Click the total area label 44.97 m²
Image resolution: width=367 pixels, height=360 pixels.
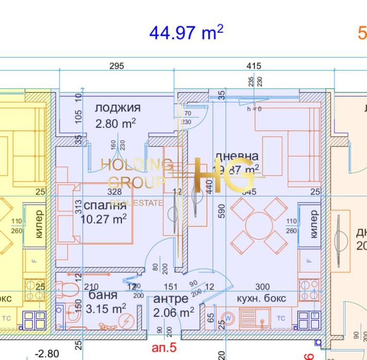186,32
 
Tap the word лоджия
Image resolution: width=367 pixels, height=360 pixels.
117,108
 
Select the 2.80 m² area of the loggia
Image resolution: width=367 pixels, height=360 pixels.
116,123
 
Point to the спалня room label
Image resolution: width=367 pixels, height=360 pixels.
105,205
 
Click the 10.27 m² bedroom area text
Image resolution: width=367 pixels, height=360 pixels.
103,219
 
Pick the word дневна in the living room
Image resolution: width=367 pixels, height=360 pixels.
236,156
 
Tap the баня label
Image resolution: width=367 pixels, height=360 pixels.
103,295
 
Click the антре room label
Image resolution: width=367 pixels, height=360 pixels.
171,299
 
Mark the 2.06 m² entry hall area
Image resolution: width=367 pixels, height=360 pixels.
174,312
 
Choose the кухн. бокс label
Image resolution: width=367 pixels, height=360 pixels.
261,299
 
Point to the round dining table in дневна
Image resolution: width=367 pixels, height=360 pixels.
259,225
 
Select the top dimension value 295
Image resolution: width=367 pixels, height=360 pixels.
117,66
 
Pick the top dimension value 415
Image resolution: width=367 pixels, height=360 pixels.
254,66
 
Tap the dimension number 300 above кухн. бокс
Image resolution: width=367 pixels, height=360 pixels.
262,287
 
